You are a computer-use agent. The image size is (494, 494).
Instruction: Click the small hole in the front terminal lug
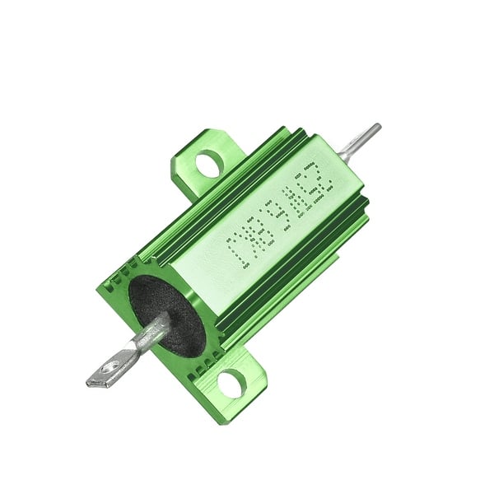tap(109, 368)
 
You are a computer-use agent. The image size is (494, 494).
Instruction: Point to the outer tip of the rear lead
tap(377, 127)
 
